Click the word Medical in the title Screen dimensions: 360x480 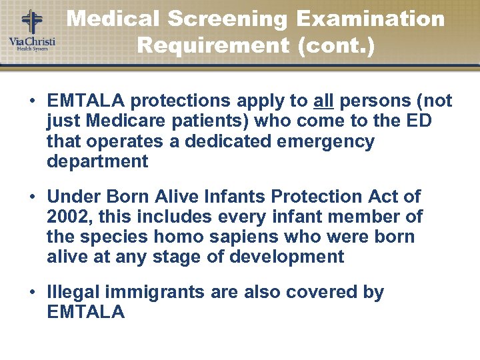click(113, 19)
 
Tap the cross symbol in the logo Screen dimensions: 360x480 click(31, 21)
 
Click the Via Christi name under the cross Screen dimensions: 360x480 click(31, 42)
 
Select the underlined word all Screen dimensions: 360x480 click(324, 101)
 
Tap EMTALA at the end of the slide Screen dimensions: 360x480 click(86, 312)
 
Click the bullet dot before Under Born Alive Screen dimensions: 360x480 click(32, 197)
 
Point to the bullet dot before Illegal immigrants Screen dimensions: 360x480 click(32, 293)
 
